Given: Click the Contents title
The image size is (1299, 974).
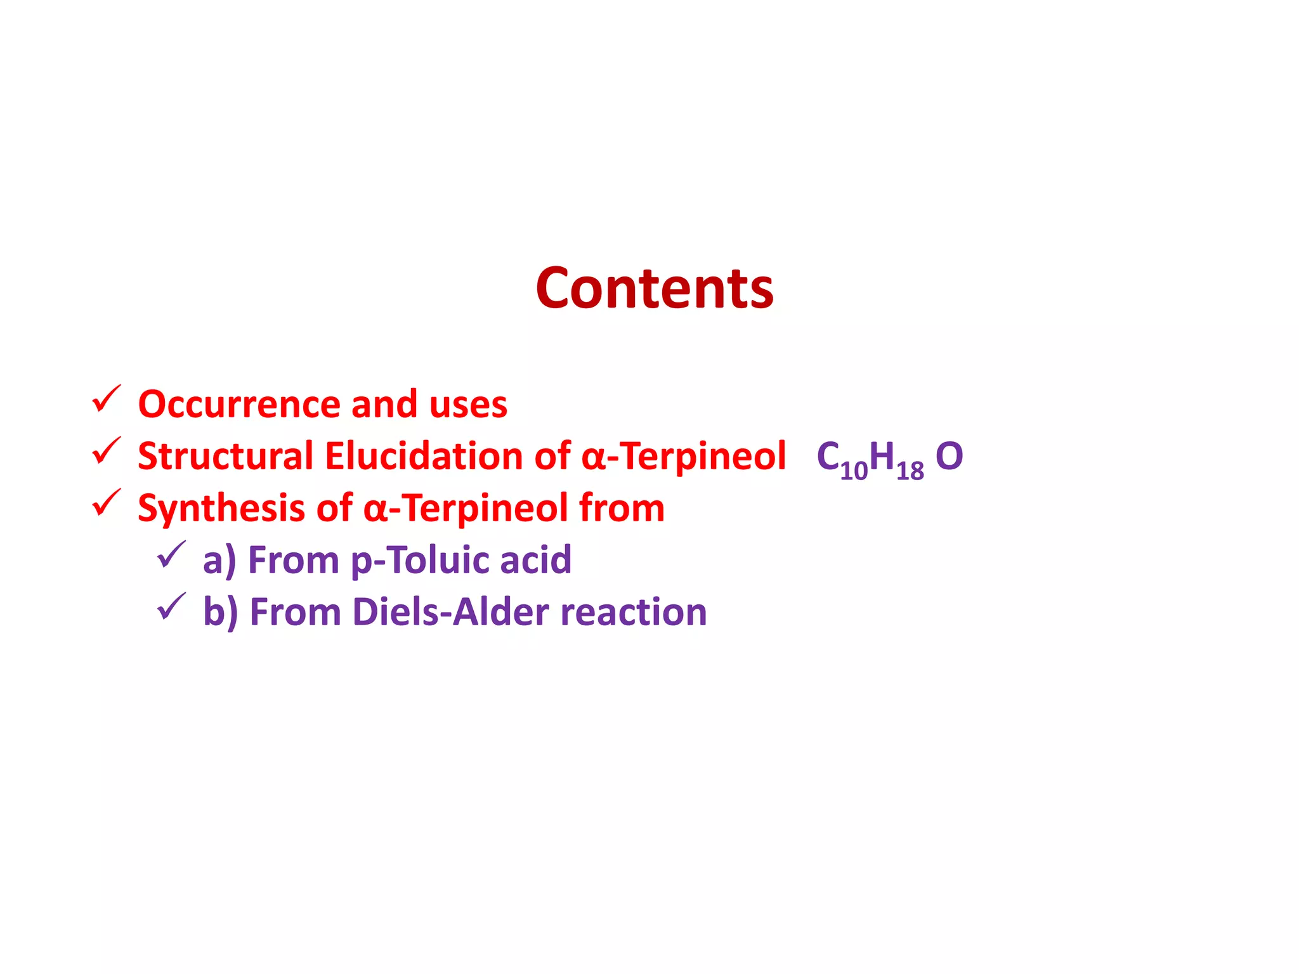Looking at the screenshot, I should point(654,289).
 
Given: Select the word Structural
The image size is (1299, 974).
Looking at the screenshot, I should point(225,457).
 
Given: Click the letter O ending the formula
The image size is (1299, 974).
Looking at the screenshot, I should point(949,457).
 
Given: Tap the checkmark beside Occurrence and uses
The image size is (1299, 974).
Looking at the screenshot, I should point(106,399).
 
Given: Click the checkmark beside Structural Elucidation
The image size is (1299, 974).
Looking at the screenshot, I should point(106,451).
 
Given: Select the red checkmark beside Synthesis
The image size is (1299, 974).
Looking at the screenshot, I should point(106,503).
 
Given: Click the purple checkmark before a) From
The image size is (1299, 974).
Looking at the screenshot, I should point(171,555).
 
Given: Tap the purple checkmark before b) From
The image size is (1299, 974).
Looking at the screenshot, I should point(171,607).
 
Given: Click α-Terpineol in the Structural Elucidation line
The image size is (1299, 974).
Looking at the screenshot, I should point(683,457).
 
